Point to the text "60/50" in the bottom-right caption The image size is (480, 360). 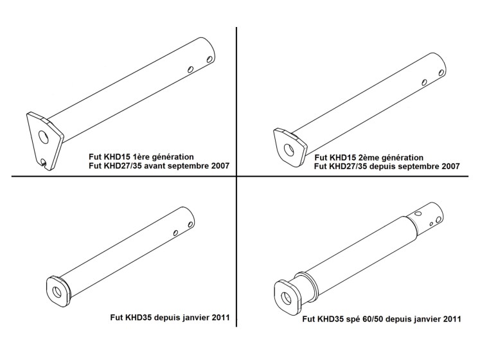(x=379, y=318)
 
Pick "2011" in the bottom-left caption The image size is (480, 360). (x=220, y=317)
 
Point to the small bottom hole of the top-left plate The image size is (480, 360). (x=42, y=161)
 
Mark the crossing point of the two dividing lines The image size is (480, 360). (x=237, y=175)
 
